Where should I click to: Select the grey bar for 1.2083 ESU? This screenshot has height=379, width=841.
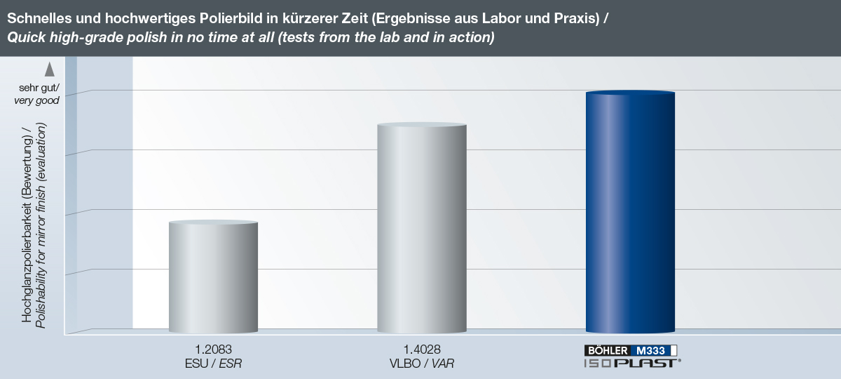(214, 277)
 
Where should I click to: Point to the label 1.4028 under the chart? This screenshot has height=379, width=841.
(422, 349)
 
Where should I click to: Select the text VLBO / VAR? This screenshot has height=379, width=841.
(422, 362)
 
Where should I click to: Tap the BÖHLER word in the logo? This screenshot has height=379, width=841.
(607, 350)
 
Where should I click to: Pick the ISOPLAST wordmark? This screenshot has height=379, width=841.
(631, 362)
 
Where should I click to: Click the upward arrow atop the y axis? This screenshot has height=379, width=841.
(50, 69)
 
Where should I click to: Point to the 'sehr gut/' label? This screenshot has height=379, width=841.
(39, 88)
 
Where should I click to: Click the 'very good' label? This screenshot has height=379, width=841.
(37, 100)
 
